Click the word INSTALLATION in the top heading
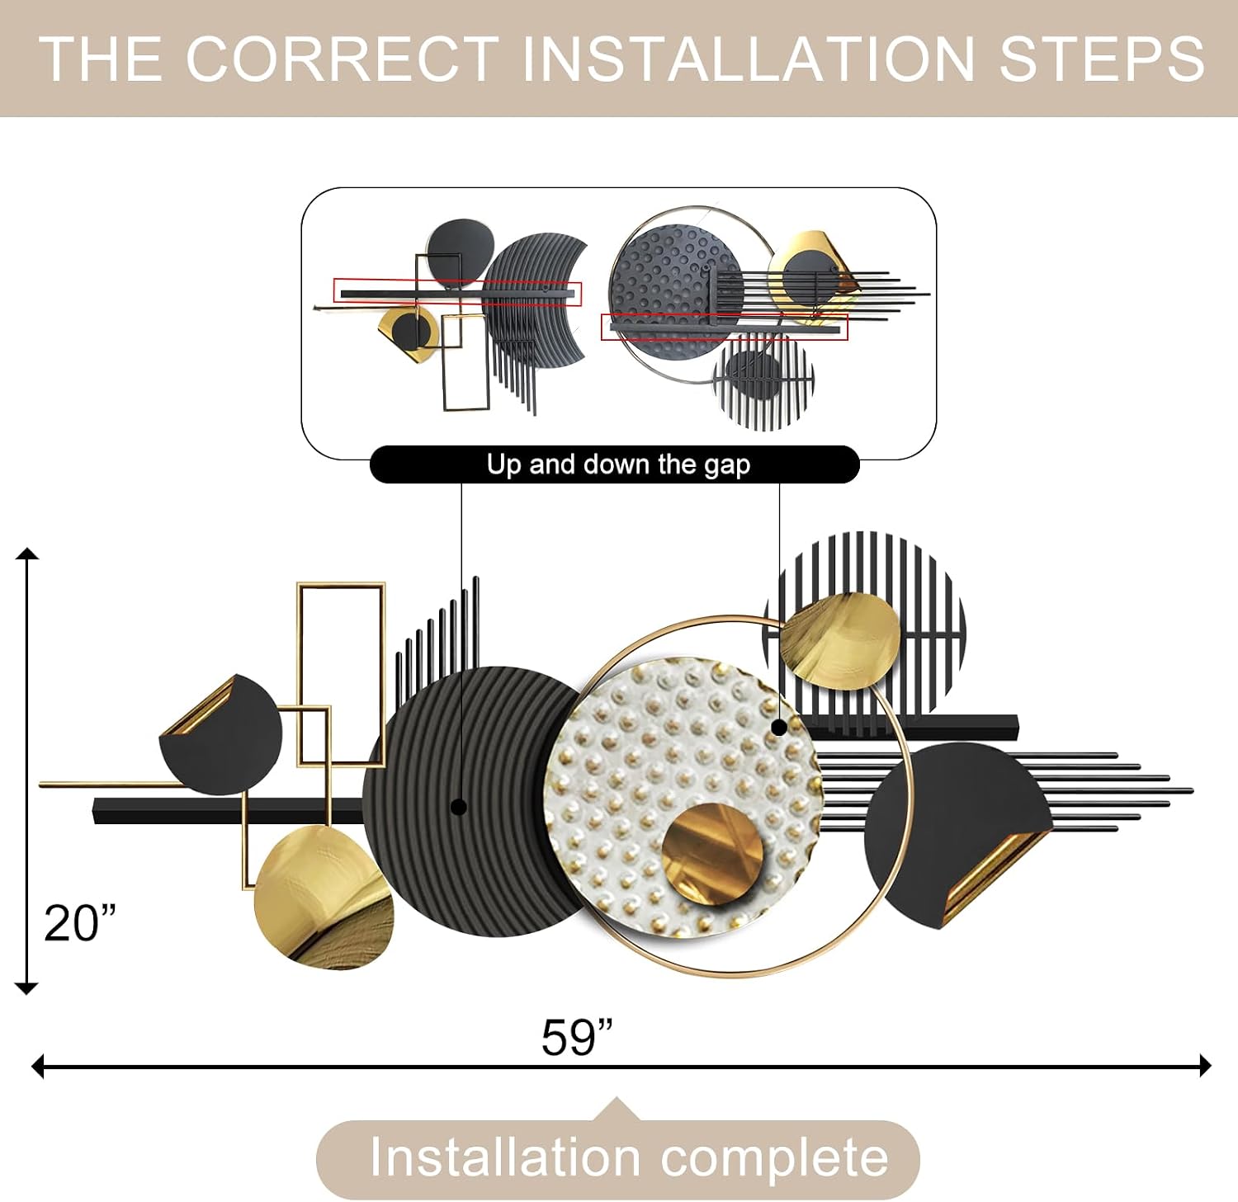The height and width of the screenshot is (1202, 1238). (749, 59)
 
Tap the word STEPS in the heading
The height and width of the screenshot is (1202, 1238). (1102, 59)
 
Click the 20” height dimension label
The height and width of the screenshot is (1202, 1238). (79, 922)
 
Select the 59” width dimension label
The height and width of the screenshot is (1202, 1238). (577, 1037)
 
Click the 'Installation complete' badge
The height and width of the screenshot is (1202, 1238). (618, 1159)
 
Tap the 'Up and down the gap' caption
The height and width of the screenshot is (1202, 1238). (617, 464)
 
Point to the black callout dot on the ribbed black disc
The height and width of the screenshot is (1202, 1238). (460, 807)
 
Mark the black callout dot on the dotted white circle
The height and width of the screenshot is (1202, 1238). (778, 727)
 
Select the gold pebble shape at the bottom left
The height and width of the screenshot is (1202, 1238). (324, 898)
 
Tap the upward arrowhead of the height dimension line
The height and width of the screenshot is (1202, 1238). (27, 553)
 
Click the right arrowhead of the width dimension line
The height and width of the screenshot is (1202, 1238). (1205, 1066)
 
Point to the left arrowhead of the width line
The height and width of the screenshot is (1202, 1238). (37, 1066)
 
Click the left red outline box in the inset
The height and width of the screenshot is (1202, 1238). (458, 292)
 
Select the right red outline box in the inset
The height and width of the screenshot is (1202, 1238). (725, 327)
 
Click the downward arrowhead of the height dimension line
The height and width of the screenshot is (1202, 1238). (27, 988)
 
